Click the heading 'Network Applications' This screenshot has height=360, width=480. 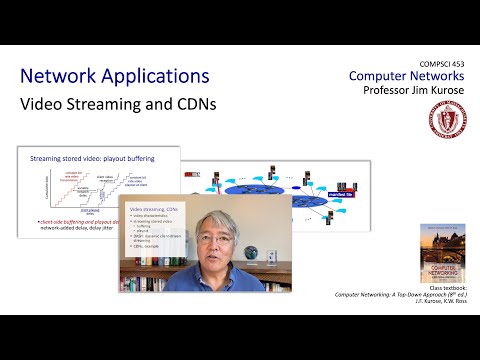click(x=115, y=76)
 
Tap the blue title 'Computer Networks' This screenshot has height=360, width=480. click(x=406, y=77)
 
